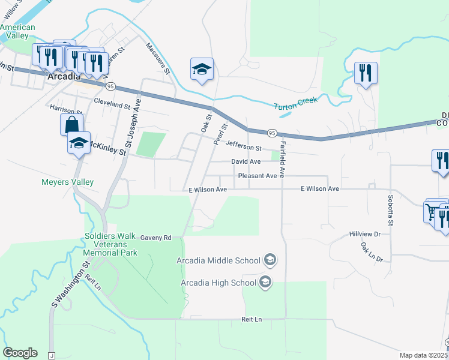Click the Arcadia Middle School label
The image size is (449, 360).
click(x=218, y=260)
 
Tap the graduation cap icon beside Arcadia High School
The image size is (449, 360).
click(x=264, y=283)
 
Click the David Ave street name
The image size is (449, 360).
click(x=246, y=162)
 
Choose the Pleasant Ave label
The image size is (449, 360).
click(x=257, y=176)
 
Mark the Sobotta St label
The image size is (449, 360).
click(x=390, y=207)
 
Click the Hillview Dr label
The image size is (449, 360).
click(x=364, y=234)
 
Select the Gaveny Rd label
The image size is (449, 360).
click(x=156, y=238)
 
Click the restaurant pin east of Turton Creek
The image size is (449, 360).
click(x=365, y=74)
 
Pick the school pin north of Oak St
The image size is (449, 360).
click(x=202, y=70)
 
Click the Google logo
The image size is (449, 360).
click(x=20, y=353)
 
